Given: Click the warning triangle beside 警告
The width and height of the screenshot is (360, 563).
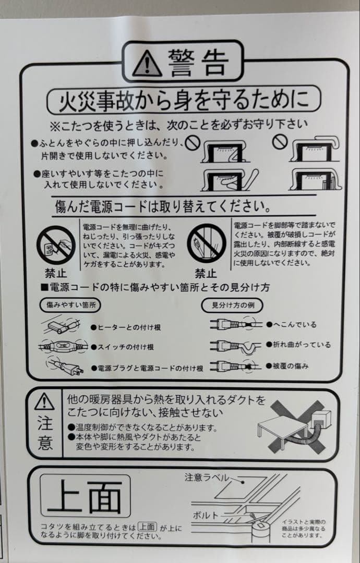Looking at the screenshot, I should pos(147,64).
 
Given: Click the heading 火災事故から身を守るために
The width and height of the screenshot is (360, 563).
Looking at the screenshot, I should pos(184,100).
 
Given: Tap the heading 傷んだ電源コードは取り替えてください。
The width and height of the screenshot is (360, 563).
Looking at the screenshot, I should pos(162,206).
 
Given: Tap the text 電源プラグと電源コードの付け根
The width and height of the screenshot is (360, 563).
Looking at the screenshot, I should pos(147,368).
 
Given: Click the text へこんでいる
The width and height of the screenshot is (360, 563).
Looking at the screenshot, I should pos(292,324).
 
